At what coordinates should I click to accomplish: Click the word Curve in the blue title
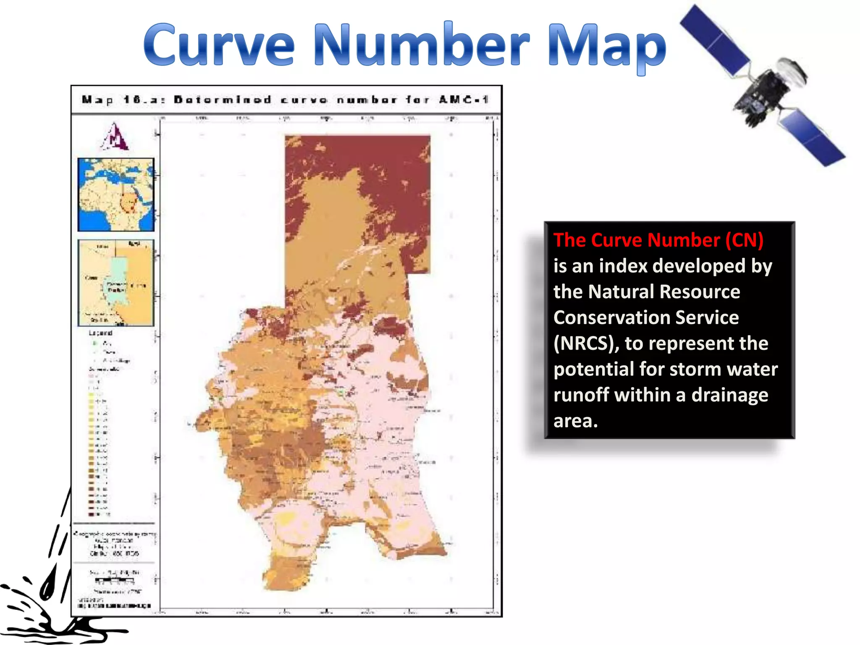coord(218,45)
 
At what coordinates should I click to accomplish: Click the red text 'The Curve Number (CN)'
coord(658,240)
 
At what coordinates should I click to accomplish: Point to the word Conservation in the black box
coord(646,317)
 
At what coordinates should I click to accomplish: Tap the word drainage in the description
coord(729,395)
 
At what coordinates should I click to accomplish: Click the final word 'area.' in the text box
coord(575,421)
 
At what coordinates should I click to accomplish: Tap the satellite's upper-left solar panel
coord(714,40)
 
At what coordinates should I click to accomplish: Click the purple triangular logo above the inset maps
coord(115,137)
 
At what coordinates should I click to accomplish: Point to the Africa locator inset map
coord(116,194)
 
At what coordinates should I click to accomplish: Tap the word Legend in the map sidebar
coord(100,333)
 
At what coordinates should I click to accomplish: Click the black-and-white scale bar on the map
coord(114,581)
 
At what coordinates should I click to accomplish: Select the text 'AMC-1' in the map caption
coord(463,100)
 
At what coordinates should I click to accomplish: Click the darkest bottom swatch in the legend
coord(91,514)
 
